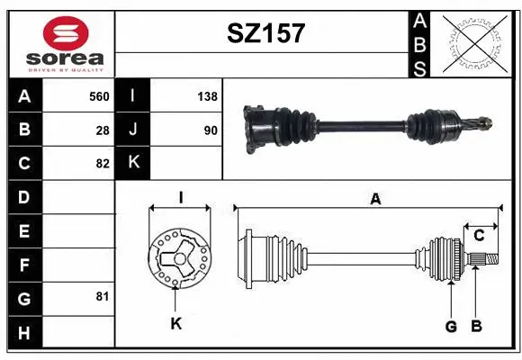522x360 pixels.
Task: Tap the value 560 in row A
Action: click(98, 96)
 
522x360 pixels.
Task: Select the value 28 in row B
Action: click(103, 130)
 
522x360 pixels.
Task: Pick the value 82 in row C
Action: click(103, 163)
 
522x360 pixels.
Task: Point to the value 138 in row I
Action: click(207, 96)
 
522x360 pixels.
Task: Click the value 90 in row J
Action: click(210, 130)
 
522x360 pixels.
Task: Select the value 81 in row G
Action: click(103, 295)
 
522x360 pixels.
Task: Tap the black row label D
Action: click(23, 196)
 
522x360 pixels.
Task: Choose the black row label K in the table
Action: click(134, 163)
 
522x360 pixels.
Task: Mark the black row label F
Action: click(23, 265)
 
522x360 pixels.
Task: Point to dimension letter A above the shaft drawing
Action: click(375, 199)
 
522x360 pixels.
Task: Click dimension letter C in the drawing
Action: click(479, 236)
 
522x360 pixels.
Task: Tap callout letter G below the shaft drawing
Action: click(451, 326)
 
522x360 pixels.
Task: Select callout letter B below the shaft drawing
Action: click(477, 326)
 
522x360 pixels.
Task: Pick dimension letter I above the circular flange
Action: click(181, 197)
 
